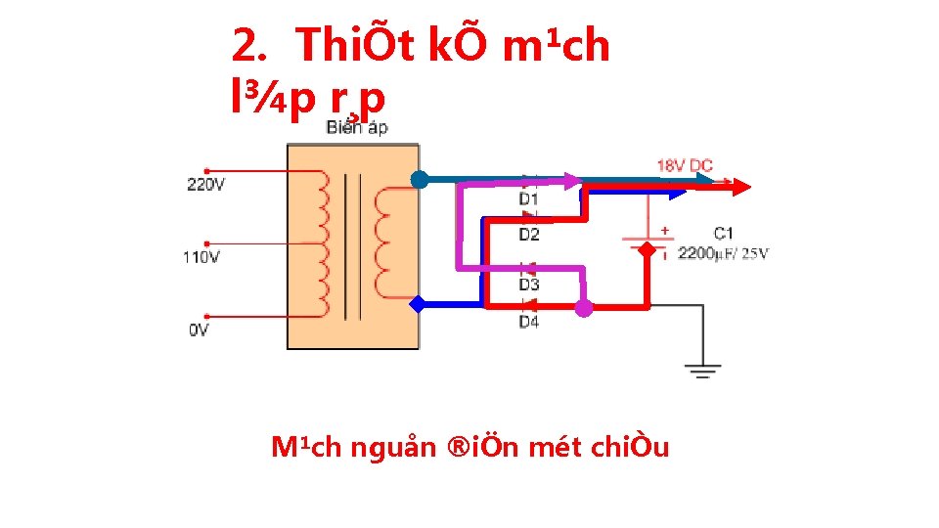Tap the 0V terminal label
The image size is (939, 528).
click(199, 330)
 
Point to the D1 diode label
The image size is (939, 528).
click(528, 199)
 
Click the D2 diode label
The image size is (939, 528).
click(528, 235)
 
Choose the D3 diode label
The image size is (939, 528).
click(528, 285)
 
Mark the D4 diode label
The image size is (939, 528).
click(528, 322)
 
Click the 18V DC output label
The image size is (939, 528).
click(685, 165)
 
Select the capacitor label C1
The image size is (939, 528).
click(723, 233)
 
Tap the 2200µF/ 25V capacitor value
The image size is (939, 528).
click(723, 254)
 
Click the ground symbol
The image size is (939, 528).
click(702, 371)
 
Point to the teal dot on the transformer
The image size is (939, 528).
click(419, 179)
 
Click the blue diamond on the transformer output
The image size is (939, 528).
click(419, 304)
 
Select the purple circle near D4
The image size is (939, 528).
click(584, 308)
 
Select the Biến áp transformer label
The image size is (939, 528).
click(356, 127)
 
